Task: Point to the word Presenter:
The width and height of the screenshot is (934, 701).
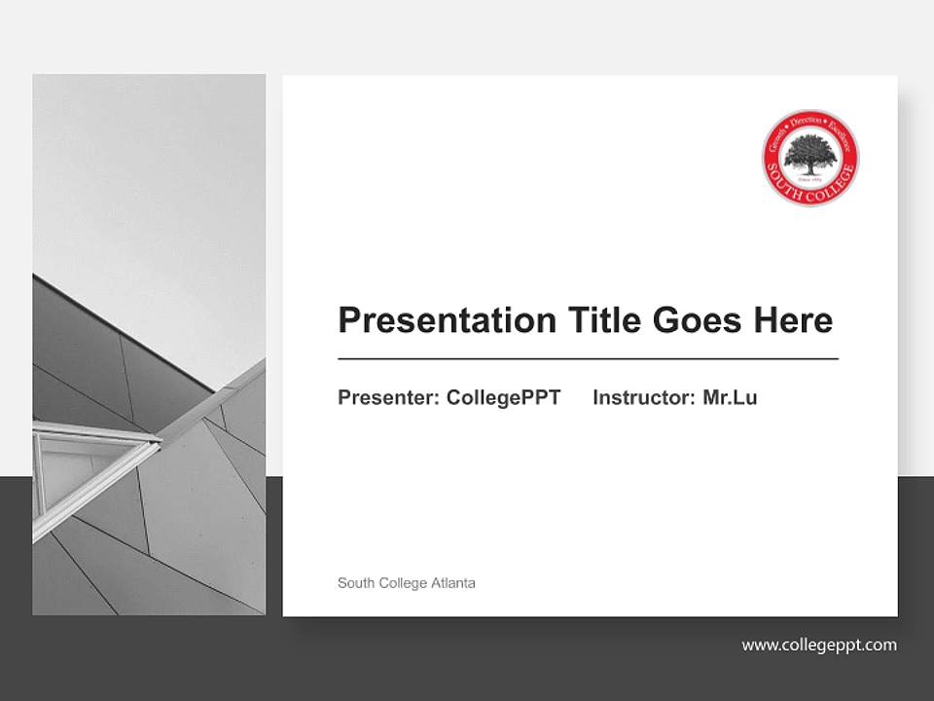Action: click(x=388, y=397)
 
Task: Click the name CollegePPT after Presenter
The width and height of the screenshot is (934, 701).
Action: click(x=503, y=397)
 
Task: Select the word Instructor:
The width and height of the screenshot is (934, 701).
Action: click(x=644, y=397)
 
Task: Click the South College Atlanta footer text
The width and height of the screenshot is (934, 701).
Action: click(x=406, y=583)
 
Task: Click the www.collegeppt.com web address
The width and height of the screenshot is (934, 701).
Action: click(x=819, y=645)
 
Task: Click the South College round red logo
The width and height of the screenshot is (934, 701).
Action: click(x=809, y=157)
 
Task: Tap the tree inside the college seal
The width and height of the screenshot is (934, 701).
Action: click(x=809, y=154)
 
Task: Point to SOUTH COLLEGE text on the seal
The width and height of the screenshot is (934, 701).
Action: click(x=809, y=190)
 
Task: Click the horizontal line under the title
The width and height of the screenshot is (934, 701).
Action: click(x=588, y=359)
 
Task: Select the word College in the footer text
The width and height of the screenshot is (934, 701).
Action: click(x=401, y=583)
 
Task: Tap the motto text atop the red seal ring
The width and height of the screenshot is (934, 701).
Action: click(x=809, y=122)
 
